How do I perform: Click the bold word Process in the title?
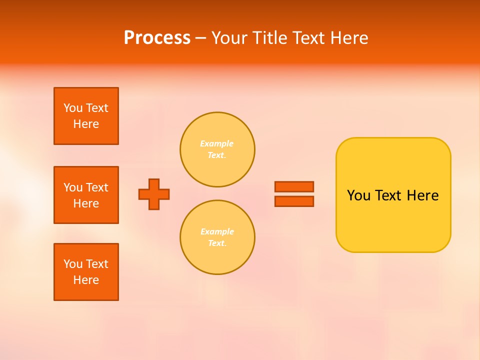click(157, 38)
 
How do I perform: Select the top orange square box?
click(86, 116)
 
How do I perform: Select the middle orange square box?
click(86, 195)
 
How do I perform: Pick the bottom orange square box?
click(86, 272)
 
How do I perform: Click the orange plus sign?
click(154, 194)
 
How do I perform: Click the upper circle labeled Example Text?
click(217, 149)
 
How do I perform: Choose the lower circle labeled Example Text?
click(217, 237)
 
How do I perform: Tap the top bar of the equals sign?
click(294, 186)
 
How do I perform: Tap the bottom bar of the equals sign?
click(294, 201)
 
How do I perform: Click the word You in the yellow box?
click(358, 195)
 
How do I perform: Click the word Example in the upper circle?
click(217, 144)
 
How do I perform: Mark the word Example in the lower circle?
click(217, 232)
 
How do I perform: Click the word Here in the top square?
click(86, 124)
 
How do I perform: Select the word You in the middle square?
click(73, 187)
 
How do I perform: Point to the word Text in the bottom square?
click(97, 264)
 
